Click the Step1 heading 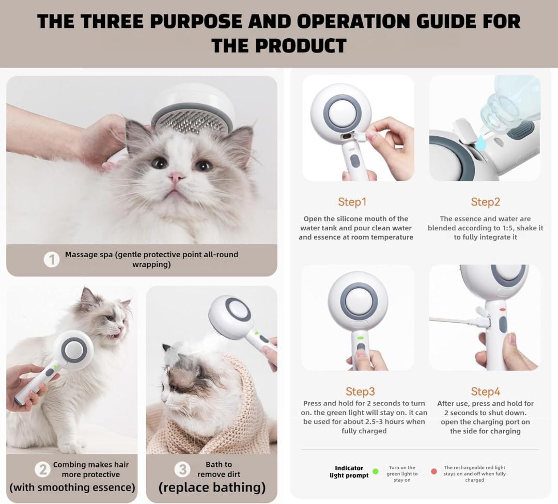352,202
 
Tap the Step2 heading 485,202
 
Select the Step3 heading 360,391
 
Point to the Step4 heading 485,391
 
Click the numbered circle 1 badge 52,260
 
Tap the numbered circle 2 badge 42,469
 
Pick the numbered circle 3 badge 182,469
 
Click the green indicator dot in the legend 375,471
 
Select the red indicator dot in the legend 434,471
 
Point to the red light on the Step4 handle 502,309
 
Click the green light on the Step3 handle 360,338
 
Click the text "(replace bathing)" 212,487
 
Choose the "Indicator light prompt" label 349,471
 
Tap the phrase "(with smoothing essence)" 72,487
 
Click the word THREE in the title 112,21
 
